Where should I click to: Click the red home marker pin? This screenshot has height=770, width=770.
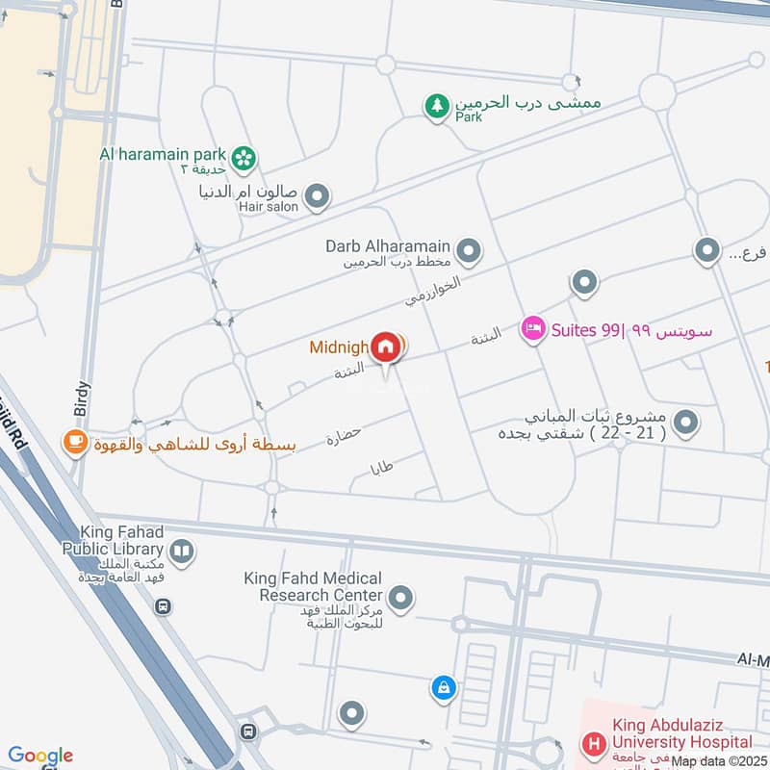tap(386, 346)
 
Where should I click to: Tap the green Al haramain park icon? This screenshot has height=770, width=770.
tap(244, 157)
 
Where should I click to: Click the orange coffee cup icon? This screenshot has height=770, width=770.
tap(75, 443)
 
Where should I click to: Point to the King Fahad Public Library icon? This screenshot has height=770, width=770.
tap(182, 552)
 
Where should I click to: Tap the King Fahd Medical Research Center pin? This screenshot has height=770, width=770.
tap(401, 599)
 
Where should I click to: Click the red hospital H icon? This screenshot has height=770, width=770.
tap(594, 744)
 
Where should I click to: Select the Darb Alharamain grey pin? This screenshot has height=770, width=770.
tap(469, 252)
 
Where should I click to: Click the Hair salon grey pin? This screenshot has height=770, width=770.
tap(318, 198)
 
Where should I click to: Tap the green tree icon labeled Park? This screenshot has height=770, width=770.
tap(438, 107)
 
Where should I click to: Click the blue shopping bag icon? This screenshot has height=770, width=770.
tap(443, 687)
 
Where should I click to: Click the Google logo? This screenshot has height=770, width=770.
tap(40, 757)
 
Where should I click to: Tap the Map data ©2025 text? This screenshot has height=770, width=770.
tap(718, 761)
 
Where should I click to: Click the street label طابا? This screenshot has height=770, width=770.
tap(383, 469)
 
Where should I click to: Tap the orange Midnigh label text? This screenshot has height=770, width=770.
tap(339, 347)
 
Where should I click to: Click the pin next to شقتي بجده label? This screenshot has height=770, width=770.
tap(685, 422)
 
